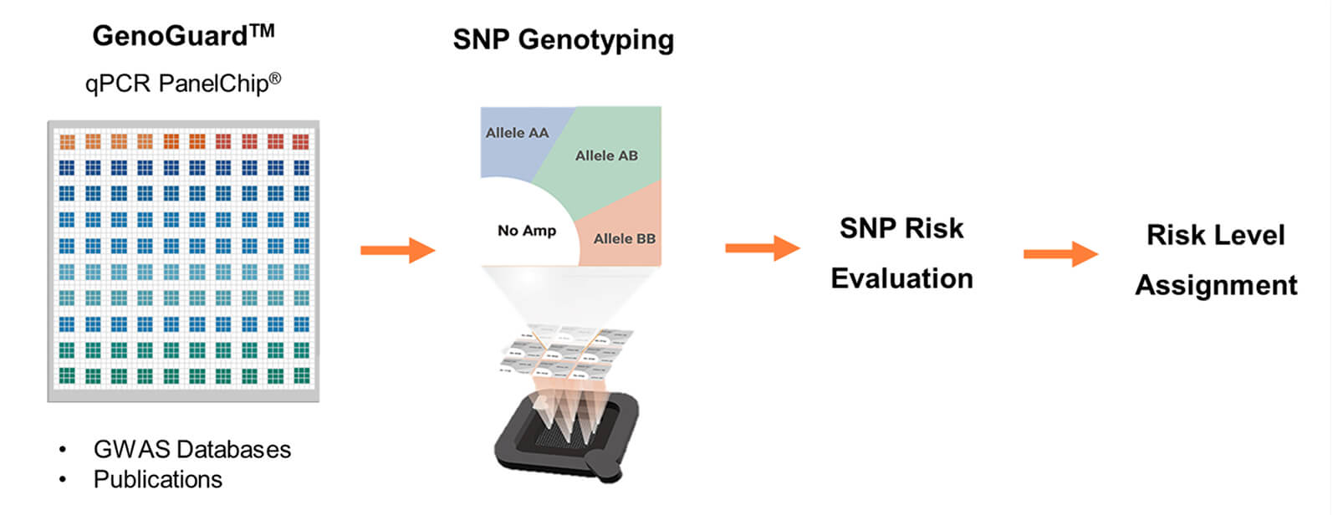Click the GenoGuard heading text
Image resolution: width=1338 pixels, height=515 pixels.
click(x=182, y=35)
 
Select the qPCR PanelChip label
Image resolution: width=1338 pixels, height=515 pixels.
click(x=182, y=83)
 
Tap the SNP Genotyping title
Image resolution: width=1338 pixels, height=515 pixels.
click(x=563, y=39)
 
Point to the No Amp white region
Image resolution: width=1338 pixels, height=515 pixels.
click(x=526, y=230)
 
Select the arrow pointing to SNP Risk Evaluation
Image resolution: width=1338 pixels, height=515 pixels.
click(x=762, y=247)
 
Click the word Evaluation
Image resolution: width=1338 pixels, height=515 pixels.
click(x=901, y=278)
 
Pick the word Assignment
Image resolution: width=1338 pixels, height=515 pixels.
click(x=1216, y=285)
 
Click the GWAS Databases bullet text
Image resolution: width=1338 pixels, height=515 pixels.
click(x=192, y=449)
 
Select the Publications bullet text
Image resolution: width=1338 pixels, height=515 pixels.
click(x=157, y=479)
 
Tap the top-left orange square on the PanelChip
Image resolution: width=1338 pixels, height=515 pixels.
click(x=67, y=141)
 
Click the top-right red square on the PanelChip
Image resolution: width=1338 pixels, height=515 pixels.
click(x=301, y=141)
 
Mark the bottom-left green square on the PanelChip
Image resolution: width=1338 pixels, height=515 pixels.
click(x=67, y=375)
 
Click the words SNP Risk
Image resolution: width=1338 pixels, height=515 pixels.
click(x=901, y=228)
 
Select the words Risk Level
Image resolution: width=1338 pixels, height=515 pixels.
click(x=1215, y=235)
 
